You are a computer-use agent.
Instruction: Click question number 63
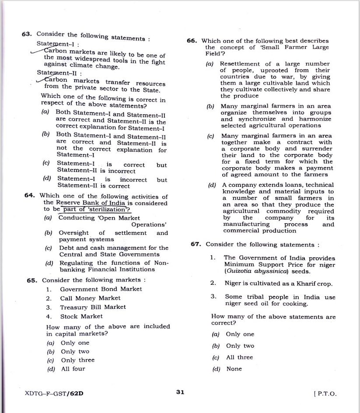click(x=26, y=34)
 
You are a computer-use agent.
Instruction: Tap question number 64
click(x=29, y=195)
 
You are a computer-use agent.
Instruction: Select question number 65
click(x=32, y=280)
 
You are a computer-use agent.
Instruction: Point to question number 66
click(x=192, y=41)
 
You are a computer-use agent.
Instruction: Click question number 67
click(x=195, y=244)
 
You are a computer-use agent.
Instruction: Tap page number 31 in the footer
click(x=180, y=392)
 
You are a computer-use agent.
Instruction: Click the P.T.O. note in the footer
click(x=325, y=393)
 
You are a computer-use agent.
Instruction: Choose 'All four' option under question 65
click(x=72, y=369)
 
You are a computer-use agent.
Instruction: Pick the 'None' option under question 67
click(x=234, y=369)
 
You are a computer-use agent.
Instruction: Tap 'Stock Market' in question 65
click(x=81, y=316)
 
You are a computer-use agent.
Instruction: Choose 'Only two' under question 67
click(x=240, y=346)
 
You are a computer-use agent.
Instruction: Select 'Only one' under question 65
click(x=75, y=343)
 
